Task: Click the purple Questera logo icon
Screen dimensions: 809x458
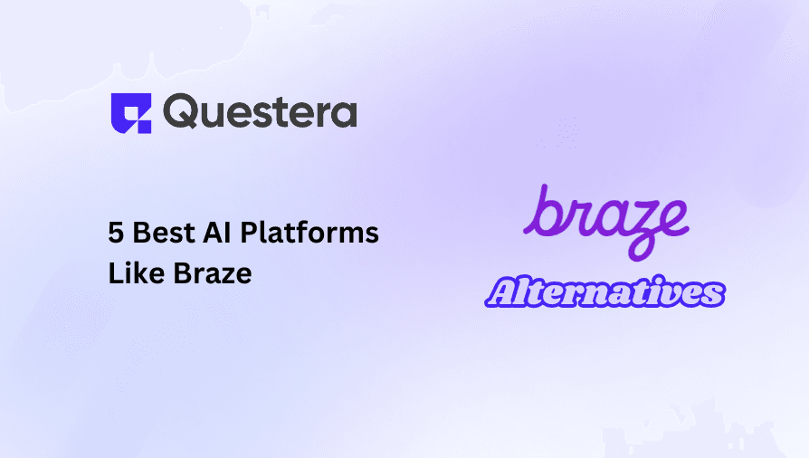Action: (x=131, y=113)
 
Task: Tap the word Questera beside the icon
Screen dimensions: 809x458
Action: (x=260, y=110)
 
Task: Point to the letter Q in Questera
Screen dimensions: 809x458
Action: (x=180, y=111)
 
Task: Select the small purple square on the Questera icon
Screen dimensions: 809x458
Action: (x=145, y=127)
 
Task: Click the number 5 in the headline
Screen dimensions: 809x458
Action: (x=116, y=233)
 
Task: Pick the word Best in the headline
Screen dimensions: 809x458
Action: (x=164, y=233)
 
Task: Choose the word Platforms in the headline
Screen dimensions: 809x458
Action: (x=309, y=232)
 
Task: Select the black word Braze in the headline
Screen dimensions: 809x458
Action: (x=212, y=272)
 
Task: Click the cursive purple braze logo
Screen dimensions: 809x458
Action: (x=606, y=223)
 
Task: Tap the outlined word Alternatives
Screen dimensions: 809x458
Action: (x=604, y=291)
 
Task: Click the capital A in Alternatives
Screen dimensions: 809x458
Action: (x=503, y=291)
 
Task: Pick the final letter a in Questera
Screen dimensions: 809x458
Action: (x=343, y=115)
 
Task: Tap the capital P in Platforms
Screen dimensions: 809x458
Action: (x=249, y=233)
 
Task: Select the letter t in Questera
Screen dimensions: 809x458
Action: (x=275, y=112)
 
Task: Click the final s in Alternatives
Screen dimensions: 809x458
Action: (x=712, y=295)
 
